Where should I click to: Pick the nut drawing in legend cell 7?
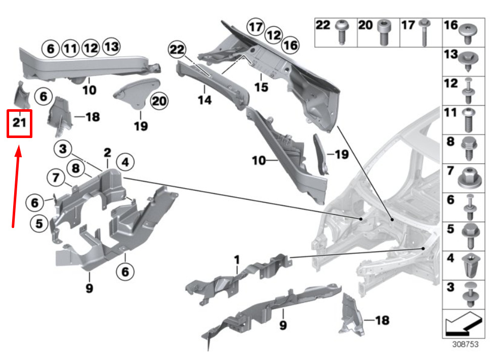click(x=471, y=176)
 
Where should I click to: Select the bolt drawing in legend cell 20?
click(x=384, y=34)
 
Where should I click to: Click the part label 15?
click(x=261, y=87)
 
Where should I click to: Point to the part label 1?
click(x=236, y=259)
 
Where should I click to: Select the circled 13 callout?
click(x=111, y=48)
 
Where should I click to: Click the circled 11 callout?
click(x=70, y=49)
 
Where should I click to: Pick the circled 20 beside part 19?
click(x=159, y=101)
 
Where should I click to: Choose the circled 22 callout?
click(x=176, y=49)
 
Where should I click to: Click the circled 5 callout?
click(x=39, y=222)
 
